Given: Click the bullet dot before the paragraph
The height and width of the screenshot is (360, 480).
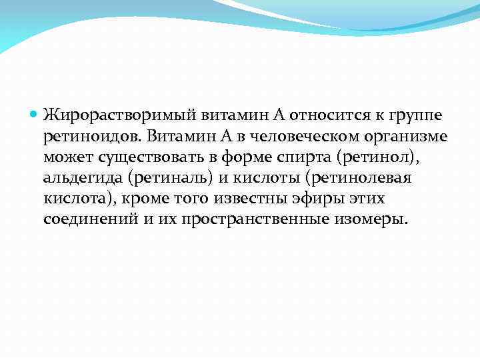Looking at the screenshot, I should (35, 115).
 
